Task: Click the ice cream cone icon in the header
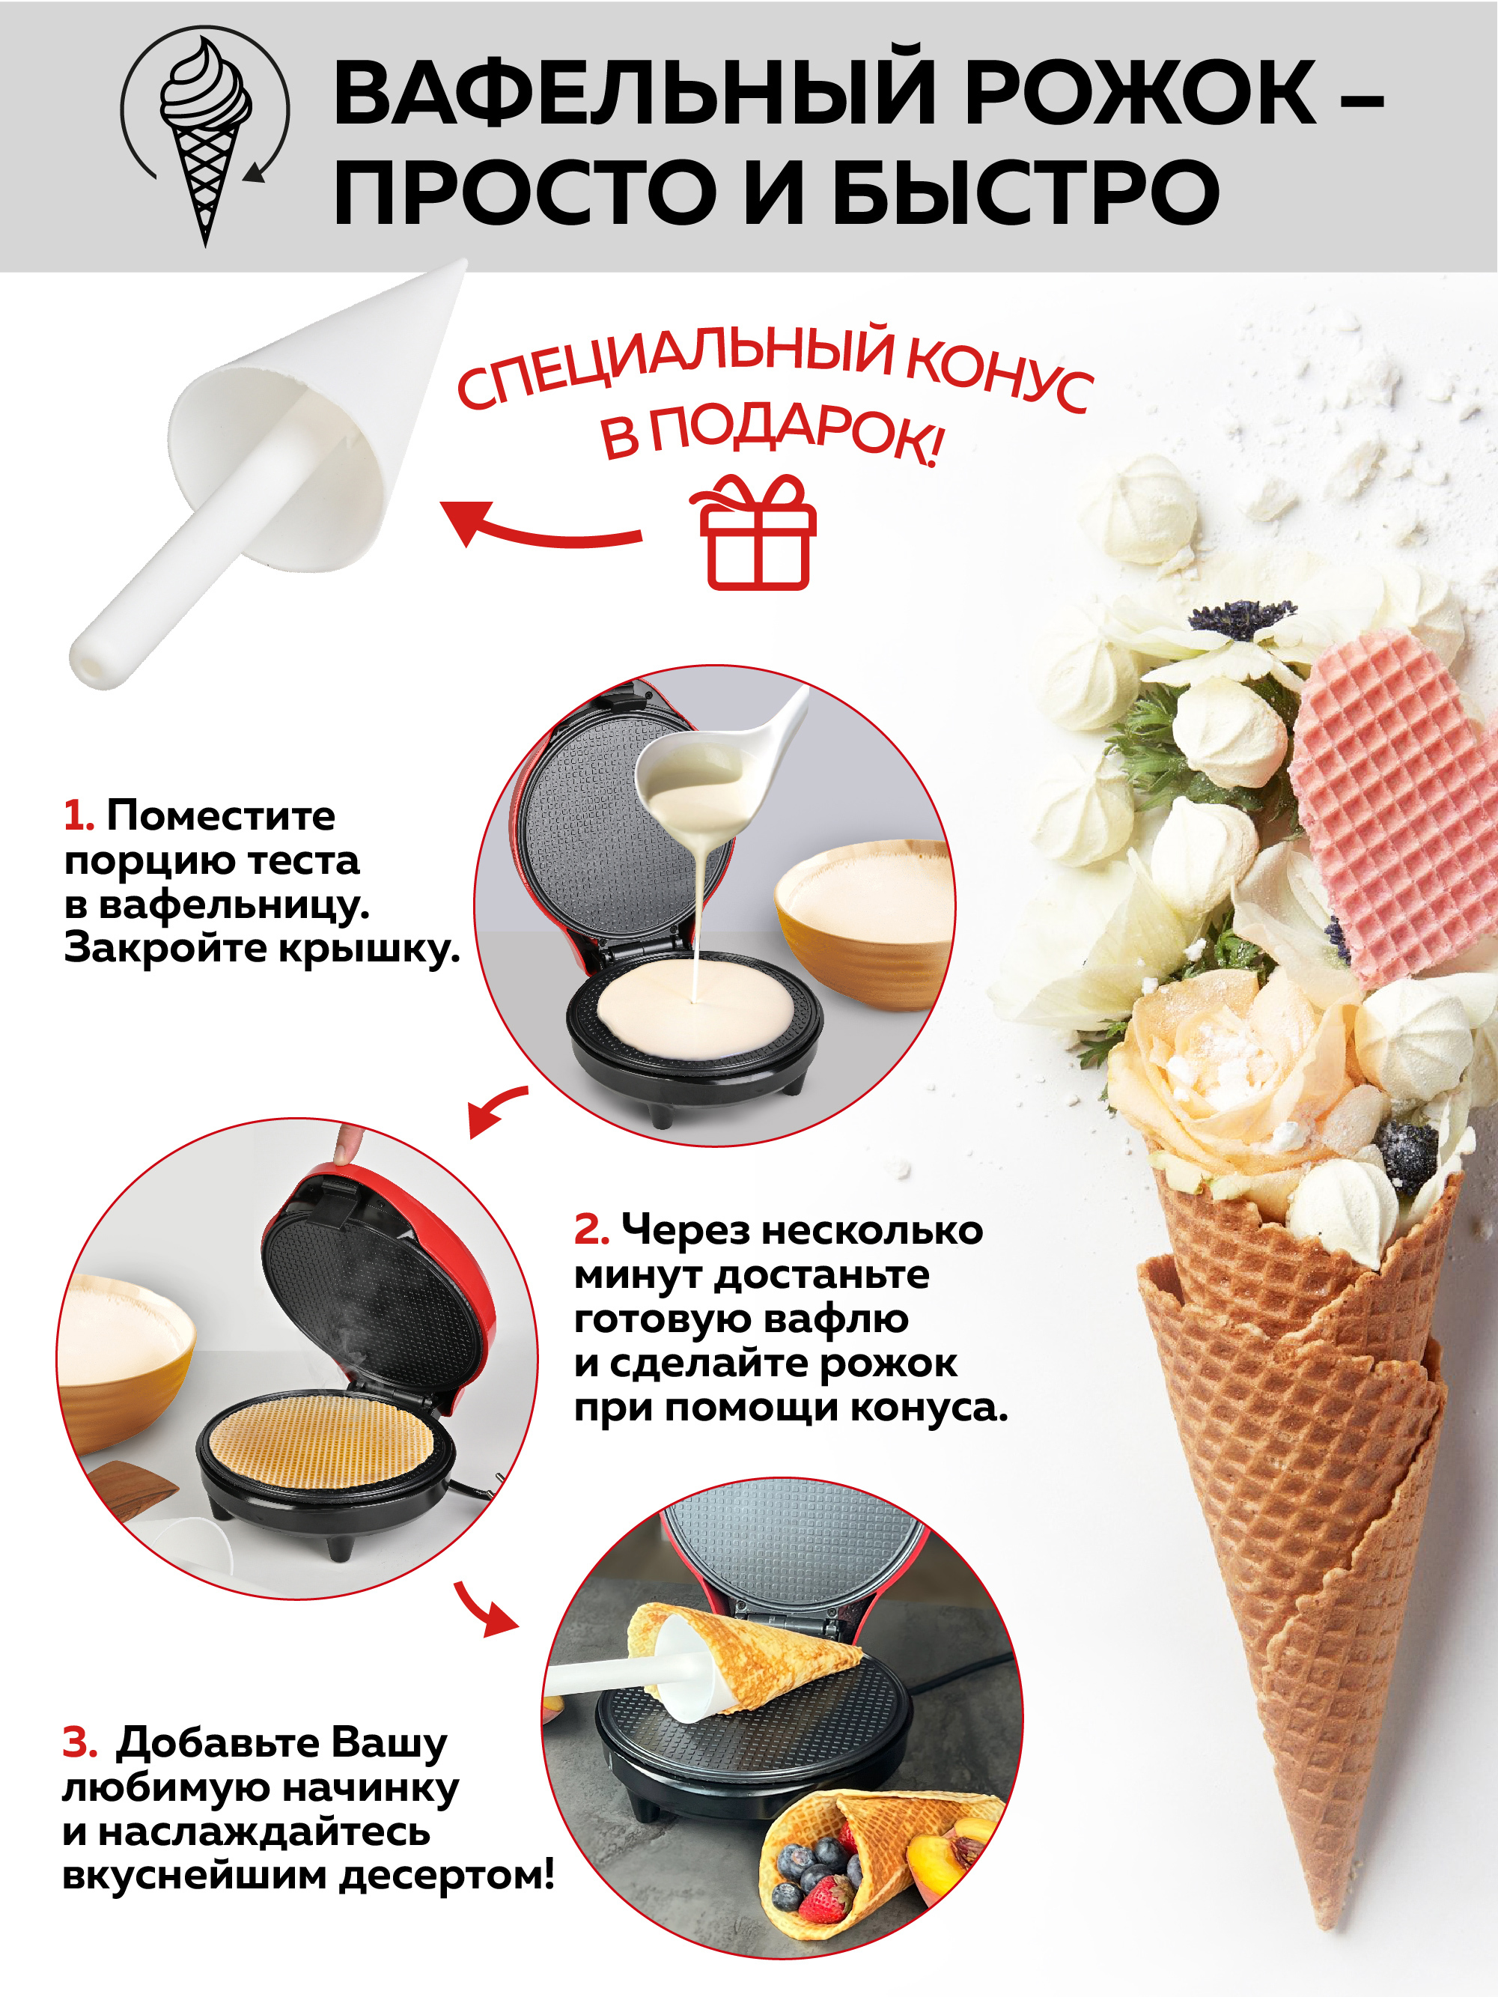tap(206, 136)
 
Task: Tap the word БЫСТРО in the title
tap(1025, 192)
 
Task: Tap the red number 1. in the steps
tap(79, 816)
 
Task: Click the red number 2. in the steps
tap(591, 1229)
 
